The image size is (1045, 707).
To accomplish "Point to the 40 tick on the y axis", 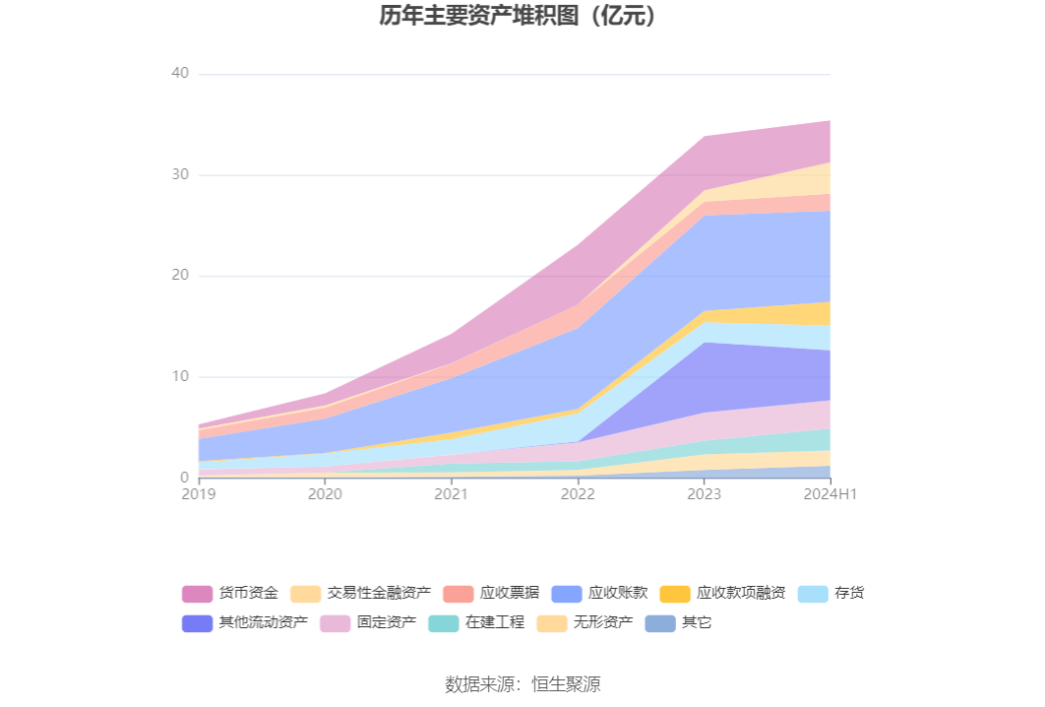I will tap(179, 74).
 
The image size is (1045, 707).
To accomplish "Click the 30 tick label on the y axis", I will tap(179, 175).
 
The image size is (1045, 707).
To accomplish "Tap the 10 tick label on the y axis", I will tap(179, 377).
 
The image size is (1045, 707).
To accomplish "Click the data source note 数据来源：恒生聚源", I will tap(522, 684).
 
